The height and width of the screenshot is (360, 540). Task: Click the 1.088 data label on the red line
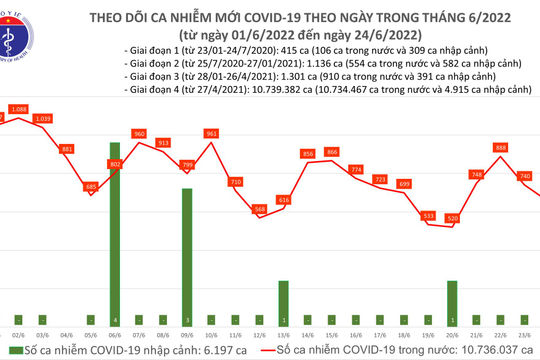[19, 109]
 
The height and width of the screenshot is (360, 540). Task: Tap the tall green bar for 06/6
[116, 230]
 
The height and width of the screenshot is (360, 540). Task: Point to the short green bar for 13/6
[283, 298]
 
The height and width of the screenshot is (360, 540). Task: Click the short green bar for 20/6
[451, 298]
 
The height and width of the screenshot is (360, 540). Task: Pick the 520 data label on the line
[453, 217]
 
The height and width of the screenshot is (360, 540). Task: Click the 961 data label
[211, 133]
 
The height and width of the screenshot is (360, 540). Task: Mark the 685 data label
[91, 186]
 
